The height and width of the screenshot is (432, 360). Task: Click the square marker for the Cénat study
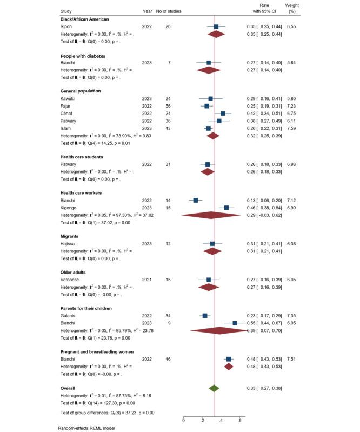pyautogui.click(x=223, y=114)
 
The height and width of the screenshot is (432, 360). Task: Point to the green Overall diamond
pyautogui.click(x=214, y=388)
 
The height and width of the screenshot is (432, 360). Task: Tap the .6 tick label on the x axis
pyautogui.click(x=240, y=419)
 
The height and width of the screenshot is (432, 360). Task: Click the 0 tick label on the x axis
pyautogui.click(x=184, y=419)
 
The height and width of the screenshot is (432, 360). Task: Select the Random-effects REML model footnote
pyautogui.click(x=87, y=428)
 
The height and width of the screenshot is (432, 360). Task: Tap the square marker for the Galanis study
pyautogui.click(x=205, y=316)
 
